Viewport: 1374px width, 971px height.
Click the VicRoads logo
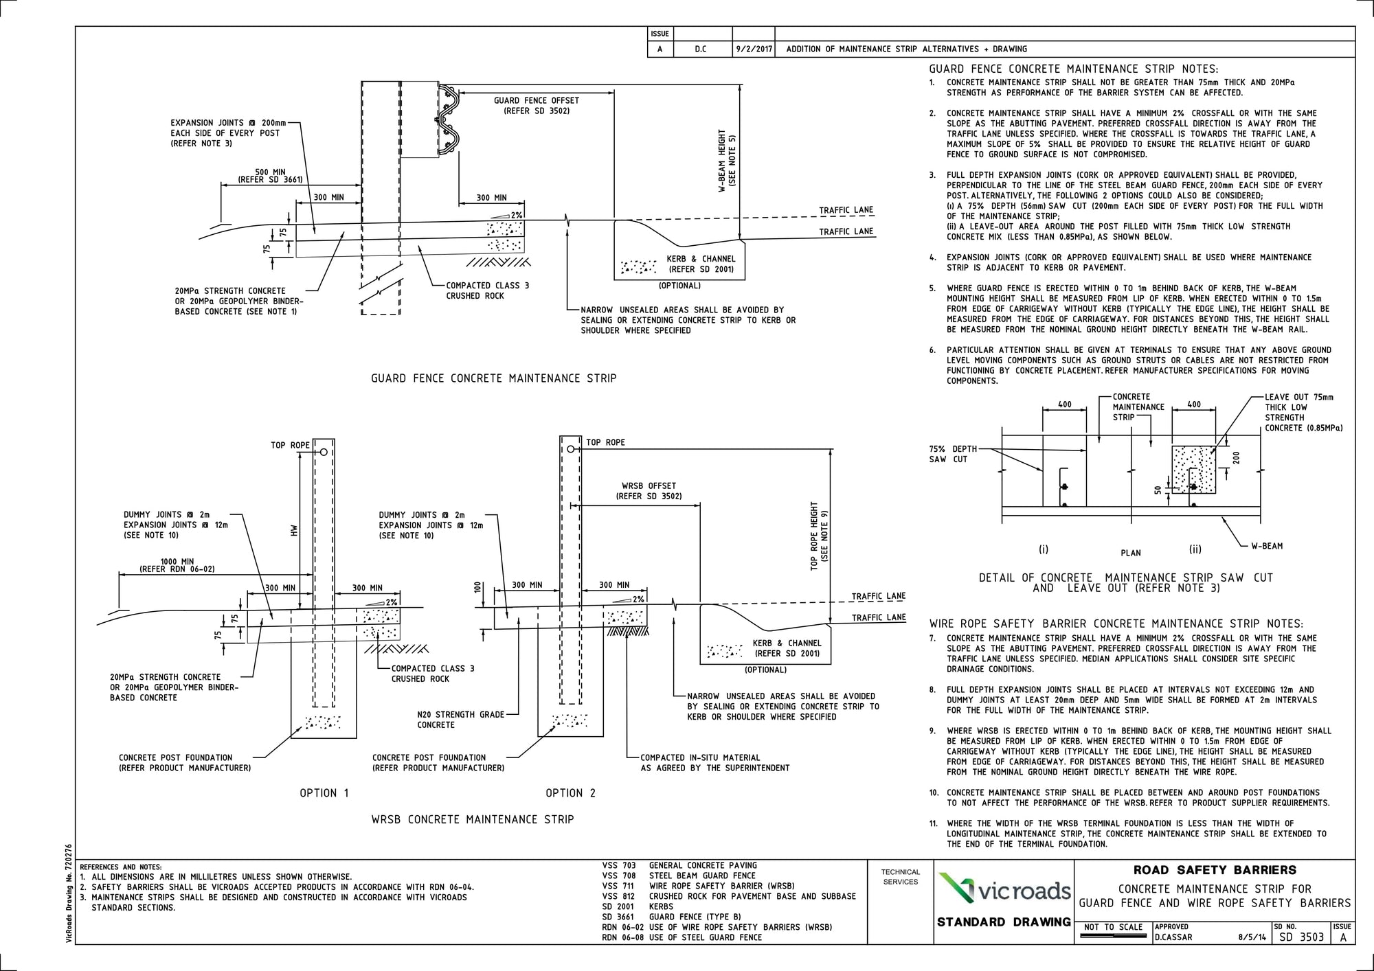click(1004, 889)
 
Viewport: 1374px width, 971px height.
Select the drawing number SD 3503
click(1301, 937)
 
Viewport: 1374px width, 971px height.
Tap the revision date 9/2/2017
click(754, 49)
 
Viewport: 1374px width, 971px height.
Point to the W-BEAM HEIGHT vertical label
click(727, 160)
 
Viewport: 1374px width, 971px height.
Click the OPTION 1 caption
click(324, 793)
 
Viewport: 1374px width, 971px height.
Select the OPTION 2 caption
click(570, 793)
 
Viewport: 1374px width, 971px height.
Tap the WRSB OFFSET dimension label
click(649, 490)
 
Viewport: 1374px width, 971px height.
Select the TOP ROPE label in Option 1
click(290, 446)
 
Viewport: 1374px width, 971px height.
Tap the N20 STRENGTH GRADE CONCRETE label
click(460, 720)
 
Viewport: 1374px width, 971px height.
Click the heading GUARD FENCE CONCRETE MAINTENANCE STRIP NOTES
click(1073, 69)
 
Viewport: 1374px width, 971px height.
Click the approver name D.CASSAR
click(1173, 937)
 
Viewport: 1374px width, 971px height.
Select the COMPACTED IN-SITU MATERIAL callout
click(714, 762)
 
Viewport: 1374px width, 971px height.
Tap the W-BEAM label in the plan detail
click(1266, 547)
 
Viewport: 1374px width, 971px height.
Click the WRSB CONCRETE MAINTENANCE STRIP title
click(472, 819)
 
